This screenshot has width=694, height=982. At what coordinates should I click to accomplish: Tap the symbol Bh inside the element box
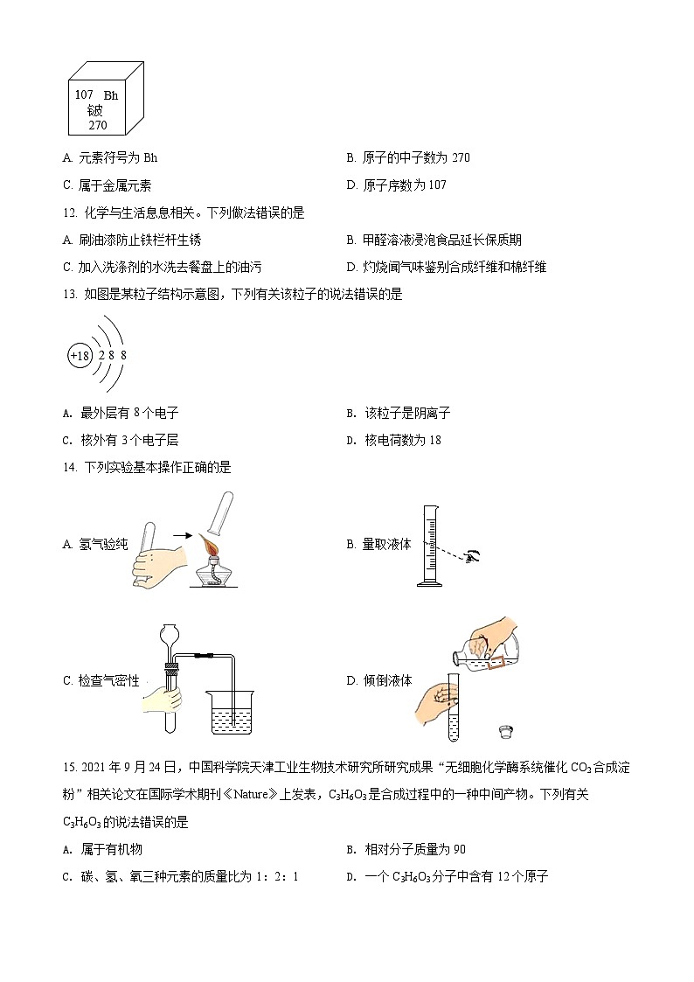[x=111, y=95]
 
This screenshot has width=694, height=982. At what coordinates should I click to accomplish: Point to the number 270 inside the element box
[x=97, y=125]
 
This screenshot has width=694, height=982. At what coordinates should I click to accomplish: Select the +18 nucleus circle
[x=80, y=356]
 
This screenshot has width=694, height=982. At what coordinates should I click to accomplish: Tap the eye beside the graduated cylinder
[x=475, y=554]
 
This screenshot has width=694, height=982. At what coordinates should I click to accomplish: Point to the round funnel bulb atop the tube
[x=171, y=633]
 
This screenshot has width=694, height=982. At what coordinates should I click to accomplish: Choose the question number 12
[x=71, y=212]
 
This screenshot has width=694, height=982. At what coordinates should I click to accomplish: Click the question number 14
[x=71, y=467]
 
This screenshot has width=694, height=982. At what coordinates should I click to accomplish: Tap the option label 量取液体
[x=386, y=545]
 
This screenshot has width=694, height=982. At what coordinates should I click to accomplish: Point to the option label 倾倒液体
[x=386, y=680]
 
